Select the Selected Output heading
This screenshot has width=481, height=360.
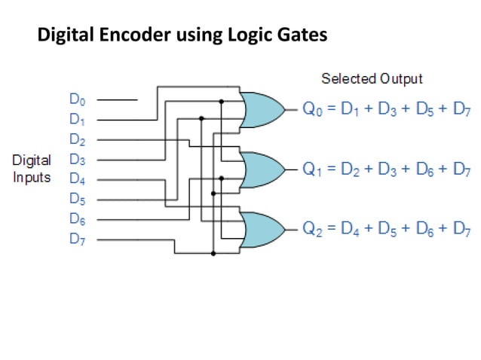pyautogui.click(x=372, y=78)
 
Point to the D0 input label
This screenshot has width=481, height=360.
pyautogui.click(x=77, y=99)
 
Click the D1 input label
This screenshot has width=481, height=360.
pyautogui.click(x=77, y=119)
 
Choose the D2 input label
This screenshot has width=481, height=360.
pyautogui.click(x=77, y=139)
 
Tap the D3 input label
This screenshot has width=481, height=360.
pyautogui.click(x=77, y=159)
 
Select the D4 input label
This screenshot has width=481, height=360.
pyautogui.click(x=77, y=179)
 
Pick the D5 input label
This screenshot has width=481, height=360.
pyautogui.click(x=77, y=200)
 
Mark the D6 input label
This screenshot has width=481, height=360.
pyautogui.click(x=77, y=219)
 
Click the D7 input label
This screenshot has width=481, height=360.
pyautogui.click(x=77, y=239)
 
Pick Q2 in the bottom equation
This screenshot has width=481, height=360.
pyautogui.click(x=311, y=230)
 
